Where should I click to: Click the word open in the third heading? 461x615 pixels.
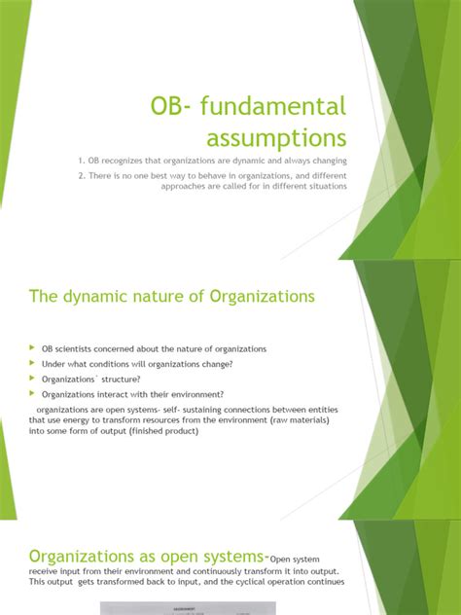pos(178,556)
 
